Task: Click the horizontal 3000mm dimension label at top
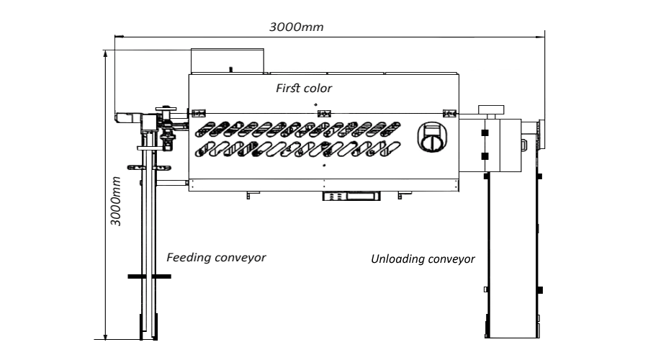[296, 27]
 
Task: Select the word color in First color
[318, 88]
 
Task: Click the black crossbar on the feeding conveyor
[149, 276]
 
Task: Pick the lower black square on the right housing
[485, 156]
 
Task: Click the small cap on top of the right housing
[492, 109]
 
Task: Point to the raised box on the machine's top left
[227, 61]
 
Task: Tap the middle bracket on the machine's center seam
[323, 113]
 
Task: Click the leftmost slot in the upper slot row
[205, 130]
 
